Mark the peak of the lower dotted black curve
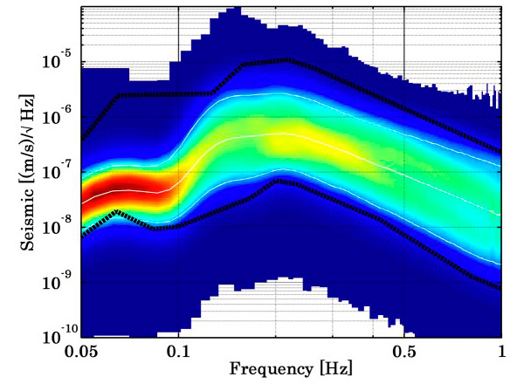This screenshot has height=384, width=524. [x=278, y=180]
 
